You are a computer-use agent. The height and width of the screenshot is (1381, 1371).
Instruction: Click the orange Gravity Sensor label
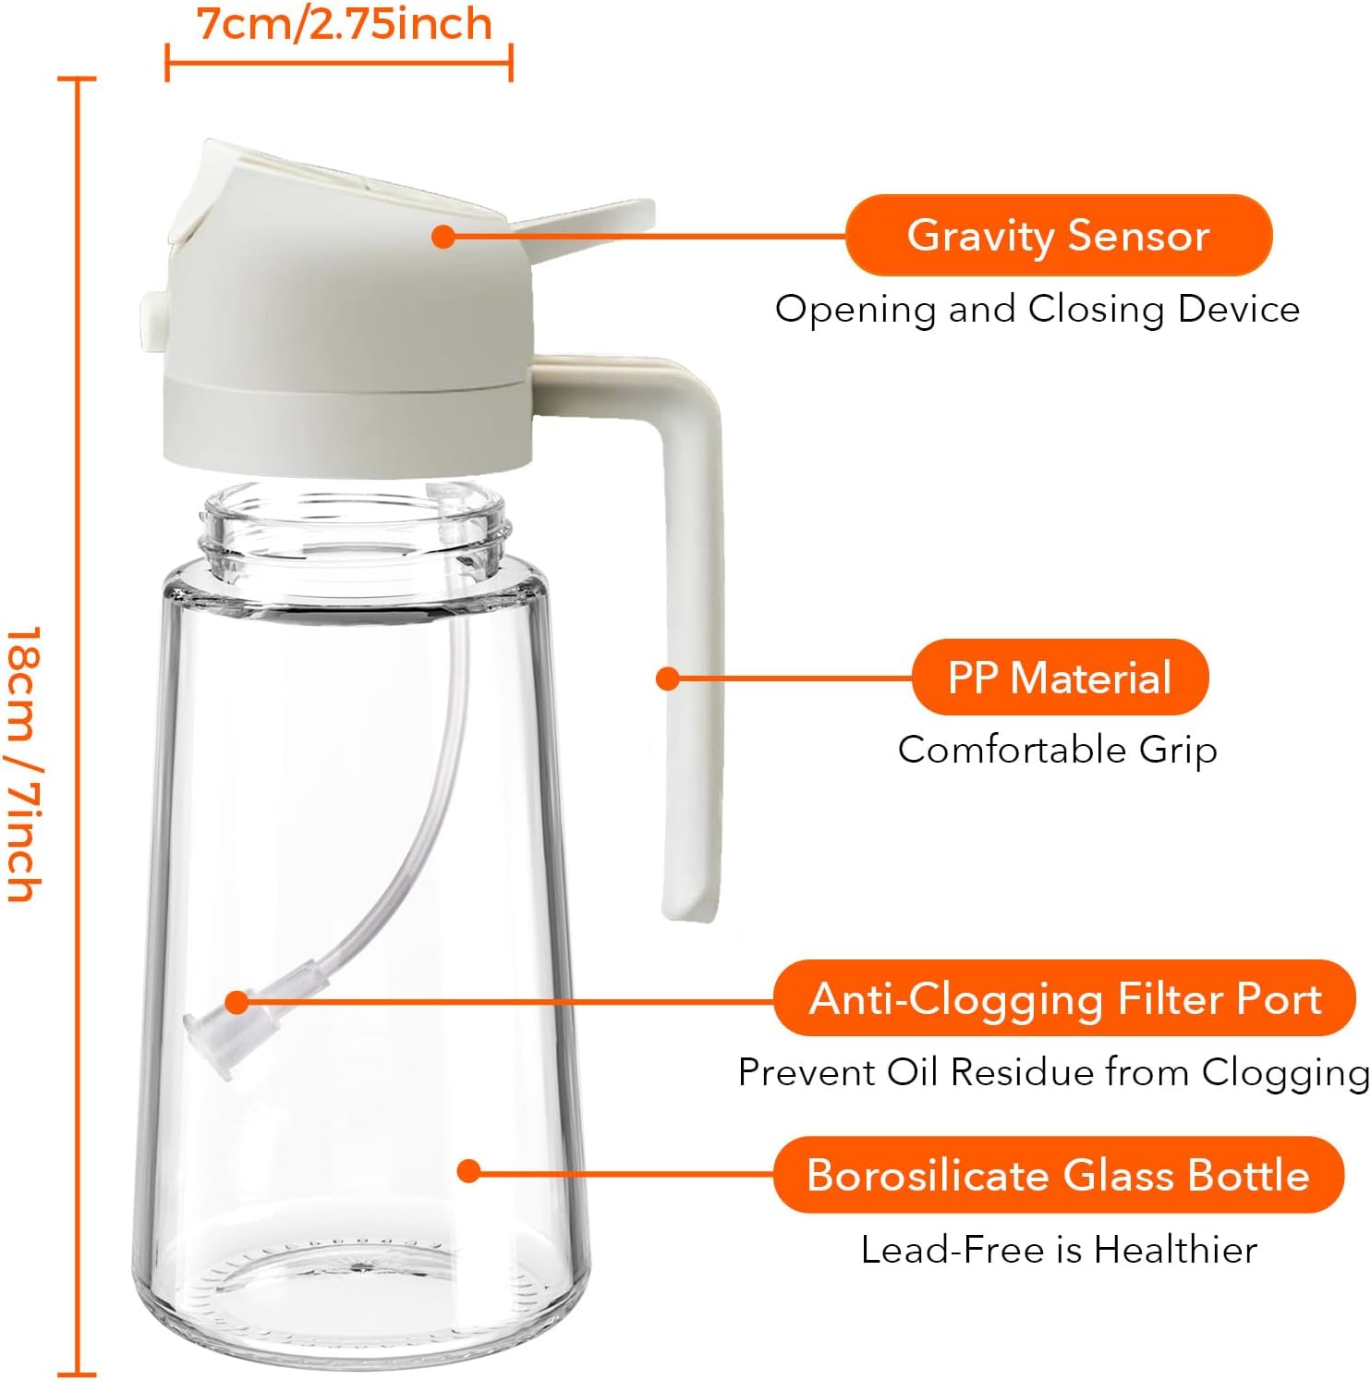pos(1059,236)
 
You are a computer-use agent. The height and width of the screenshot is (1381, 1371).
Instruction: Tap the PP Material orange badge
pos(1060,678)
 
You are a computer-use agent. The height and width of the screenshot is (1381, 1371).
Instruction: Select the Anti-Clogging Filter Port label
pos(1064,999)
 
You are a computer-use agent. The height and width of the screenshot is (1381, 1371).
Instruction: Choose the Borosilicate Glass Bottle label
pos(1058,1175)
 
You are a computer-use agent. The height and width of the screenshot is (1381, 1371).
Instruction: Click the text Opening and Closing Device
pos(1037,309)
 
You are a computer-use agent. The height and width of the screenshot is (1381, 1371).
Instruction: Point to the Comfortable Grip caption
pos(1057,749)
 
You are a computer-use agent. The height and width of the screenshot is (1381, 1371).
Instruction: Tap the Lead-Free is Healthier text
pos(1059,1250)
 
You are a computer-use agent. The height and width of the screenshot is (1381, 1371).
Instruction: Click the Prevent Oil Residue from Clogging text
pos(1053,1072)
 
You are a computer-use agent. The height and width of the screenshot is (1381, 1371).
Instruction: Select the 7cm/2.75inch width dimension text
pos(345,24)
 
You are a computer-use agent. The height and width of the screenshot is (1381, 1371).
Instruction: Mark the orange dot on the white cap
pos(443,236)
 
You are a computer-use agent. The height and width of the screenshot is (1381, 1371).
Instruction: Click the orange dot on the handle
pos(667,678)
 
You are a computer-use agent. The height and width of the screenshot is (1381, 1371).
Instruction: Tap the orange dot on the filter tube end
pos(237,1002)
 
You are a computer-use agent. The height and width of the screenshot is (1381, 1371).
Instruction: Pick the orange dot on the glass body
pos(468,1171)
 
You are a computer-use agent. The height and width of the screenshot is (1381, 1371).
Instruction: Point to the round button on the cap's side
pos(151,313)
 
